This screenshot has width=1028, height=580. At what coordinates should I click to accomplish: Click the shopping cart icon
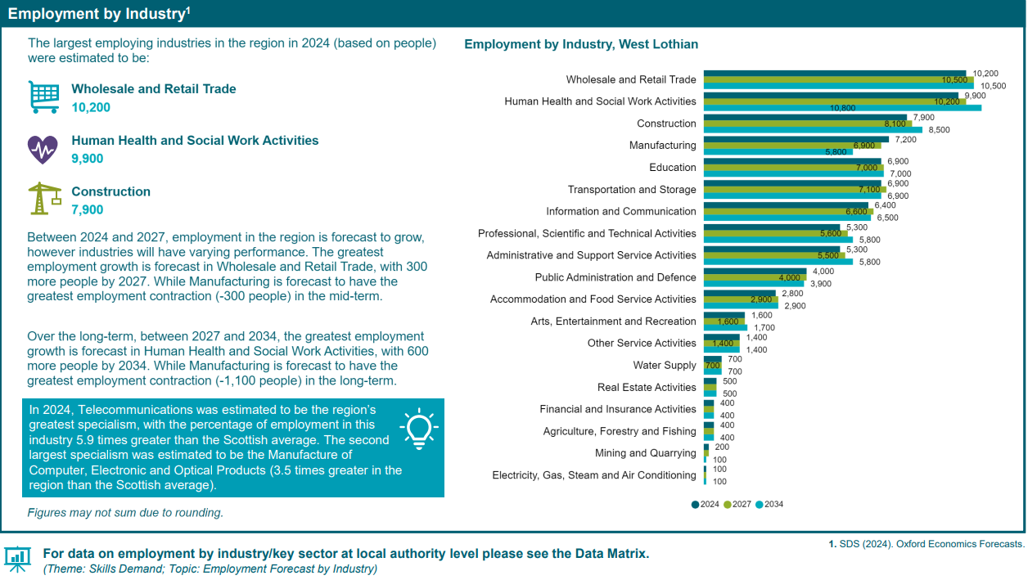[43, 97]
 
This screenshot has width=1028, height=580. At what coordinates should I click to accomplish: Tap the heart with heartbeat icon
[43, 149]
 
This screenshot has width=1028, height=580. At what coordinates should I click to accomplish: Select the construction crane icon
[44, 199]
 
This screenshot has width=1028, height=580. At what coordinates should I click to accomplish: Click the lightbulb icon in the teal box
[418, 429]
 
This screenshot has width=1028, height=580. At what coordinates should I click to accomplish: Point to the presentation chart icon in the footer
[17, 558]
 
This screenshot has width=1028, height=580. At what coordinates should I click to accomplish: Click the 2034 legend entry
[769, 504]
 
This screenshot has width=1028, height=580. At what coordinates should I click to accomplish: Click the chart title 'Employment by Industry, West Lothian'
[581, 44]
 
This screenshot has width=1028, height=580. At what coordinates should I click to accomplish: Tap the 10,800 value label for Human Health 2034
[842, 108]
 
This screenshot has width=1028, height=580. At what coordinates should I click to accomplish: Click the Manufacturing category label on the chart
[662, 146]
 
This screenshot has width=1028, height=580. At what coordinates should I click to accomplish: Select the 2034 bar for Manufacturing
[767, 151]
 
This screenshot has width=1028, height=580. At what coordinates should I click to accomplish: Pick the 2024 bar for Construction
[805, 117]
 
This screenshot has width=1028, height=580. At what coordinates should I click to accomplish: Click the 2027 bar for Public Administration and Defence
[755, 277]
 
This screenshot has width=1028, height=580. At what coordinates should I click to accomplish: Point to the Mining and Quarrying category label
[645, 453]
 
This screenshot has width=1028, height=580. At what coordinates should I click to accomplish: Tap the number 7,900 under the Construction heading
[88, 210]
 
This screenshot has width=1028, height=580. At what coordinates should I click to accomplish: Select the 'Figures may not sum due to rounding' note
[125, 513]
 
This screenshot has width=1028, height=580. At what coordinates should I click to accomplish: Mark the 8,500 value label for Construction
[939, 130]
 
